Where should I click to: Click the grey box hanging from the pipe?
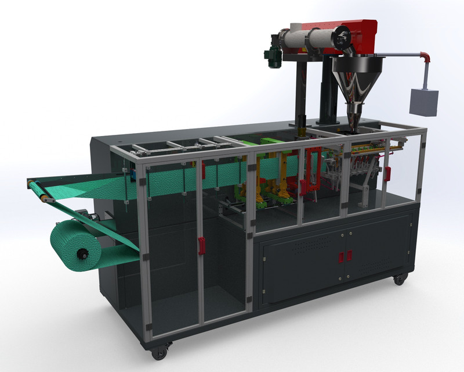[424, 101]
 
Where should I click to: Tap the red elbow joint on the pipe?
[425, 57]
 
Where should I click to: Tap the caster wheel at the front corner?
[159, 352]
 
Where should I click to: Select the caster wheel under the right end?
[400, 280]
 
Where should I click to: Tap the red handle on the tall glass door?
[201, 245]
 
